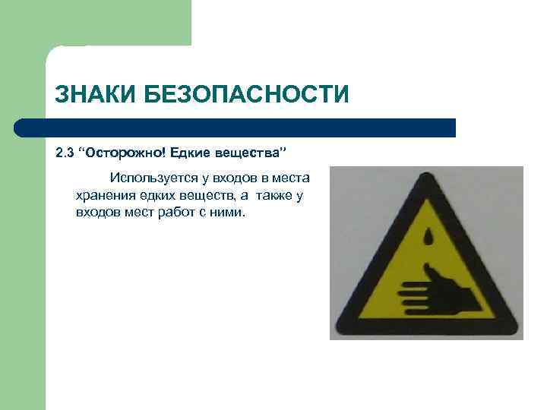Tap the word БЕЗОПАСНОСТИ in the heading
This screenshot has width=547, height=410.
[x=251, y=96]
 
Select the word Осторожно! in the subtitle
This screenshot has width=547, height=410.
[x=125, y=155]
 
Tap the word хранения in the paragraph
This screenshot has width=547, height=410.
[x=103, y=195]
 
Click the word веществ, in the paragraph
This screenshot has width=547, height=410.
[x=210, y=195]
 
